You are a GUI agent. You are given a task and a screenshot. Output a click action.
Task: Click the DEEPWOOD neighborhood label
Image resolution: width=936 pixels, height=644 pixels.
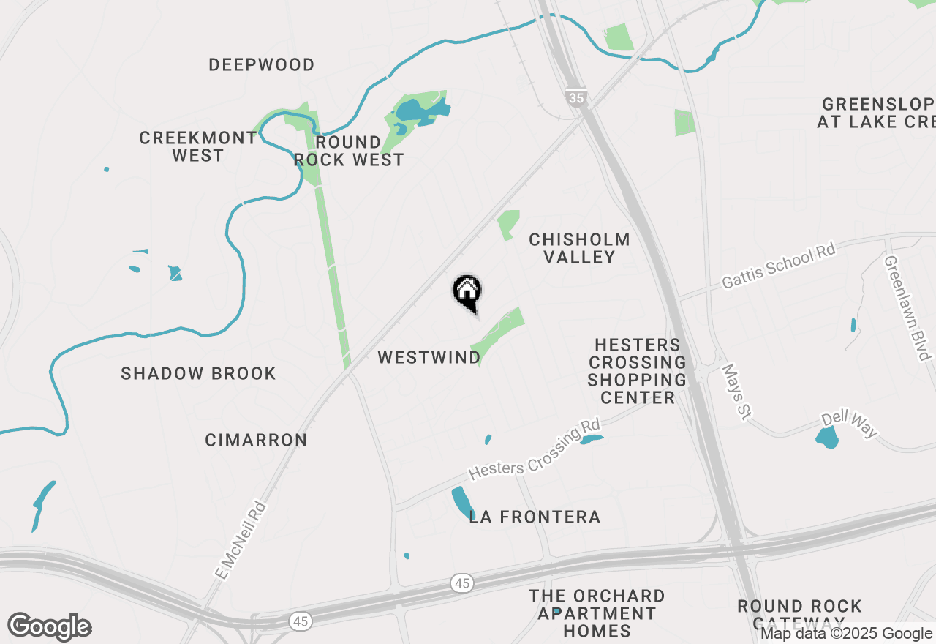coord(262,65)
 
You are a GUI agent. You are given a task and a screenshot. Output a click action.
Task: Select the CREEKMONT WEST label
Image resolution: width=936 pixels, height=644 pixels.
coord(198,146)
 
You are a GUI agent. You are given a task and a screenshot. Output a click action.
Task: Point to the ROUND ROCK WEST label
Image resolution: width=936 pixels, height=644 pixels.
coord(349,151)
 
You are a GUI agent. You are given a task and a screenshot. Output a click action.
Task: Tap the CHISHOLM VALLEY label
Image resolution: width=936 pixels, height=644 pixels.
coord(579,248)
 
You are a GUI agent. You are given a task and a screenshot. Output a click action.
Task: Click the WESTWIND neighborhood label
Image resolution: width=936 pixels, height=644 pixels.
coord(429,357)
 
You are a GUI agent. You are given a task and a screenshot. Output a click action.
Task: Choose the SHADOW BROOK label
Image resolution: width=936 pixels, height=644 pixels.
coord(198,373)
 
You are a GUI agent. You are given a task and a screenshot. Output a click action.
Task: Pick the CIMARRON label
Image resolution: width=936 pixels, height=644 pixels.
coord(256,440)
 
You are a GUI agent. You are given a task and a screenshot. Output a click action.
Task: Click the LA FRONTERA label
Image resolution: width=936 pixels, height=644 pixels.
coord(535,517)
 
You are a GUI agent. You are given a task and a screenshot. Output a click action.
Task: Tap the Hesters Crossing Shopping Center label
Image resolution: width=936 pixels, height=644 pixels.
coord(637,371)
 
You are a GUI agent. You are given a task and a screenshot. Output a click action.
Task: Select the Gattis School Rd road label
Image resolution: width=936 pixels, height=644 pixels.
coord(778,266)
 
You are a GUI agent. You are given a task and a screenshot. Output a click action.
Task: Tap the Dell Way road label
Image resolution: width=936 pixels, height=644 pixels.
coord(849,424)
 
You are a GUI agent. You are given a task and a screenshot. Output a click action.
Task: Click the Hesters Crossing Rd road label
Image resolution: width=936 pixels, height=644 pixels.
coord(534,449)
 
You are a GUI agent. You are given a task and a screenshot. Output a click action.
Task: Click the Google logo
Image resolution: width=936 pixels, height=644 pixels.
coord(49,626)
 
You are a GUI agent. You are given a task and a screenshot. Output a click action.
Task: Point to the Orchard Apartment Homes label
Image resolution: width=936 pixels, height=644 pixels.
coord(597,613)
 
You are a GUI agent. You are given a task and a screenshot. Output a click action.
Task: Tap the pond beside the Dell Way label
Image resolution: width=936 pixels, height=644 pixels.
coord(827,438)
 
